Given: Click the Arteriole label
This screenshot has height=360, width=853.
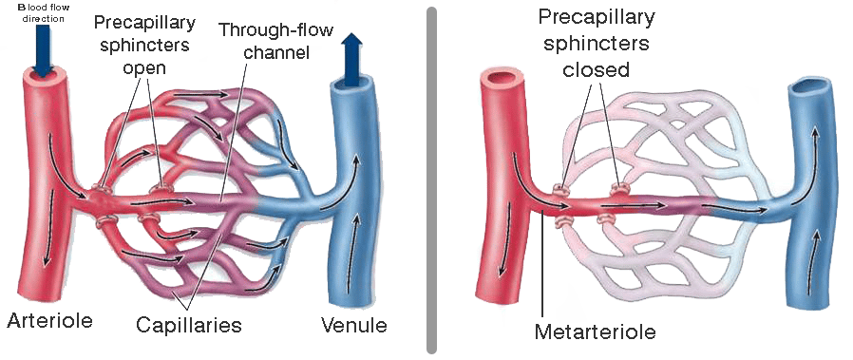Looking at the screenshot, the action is coord(49,320).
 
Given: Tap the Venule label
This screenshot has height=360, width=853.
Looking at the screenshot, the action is coord(353,325).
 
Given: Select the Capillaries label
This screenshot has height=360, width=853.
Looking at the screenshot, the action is coord(188,325).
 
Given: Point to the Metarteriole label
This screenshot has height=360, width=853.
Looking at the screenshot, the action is coord(596,332).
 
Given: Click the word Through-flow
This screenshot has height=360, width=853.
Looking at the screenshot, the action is coord(275,29).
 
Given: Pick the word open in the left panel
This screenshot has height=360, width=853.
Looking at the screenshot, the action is coord(143,69).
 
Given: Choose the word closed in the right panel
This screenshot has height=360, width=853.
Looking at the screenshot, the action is coord(596,70).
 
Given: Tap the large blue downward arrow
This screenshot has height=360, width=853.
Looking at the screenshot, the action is coord(43,49).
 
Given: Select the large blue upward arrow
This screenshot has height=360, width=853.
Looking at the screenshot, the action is coord(353,59).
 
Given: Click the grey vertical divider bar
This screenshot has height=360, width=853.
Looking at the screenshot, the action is coord(431,180).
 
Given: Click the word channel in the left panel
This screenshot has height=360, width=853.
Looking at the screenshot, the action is coord(276,53).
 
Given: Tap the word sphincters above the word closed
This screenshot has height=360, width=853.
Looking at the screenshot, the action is coord(596,44).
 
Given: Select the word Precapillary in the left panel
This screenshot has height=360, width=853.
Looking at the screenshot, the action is coord(143,22).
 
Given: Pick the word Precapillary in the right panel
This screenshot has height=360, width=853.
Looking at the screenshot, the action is coord(597,17).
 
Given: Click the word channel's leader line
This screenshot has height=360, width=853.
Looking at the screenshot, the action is coord(234,131).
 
